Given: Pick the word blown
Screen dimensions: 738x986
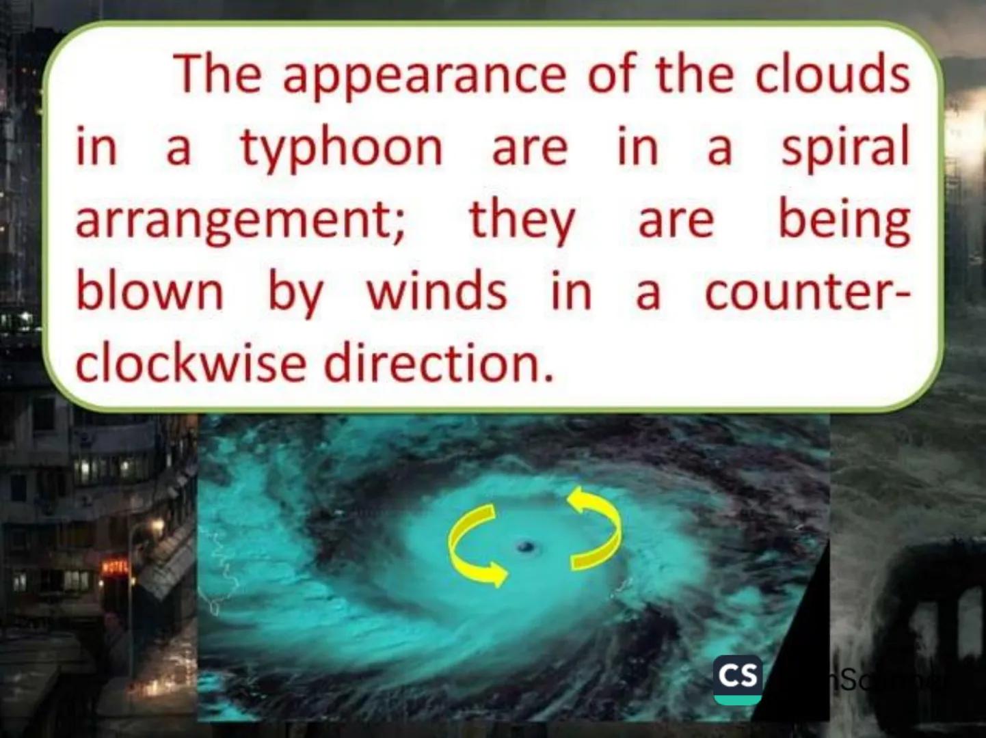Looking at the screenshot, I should pos(149,292).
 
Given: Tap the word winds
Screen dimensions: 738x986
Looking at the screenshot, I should pos(436,292).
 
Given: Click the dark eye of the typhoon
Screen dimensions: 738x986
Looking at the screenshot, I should pos(525,546).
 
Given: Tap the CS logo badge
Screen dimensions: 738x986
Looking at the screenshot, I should pos(737,679).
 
